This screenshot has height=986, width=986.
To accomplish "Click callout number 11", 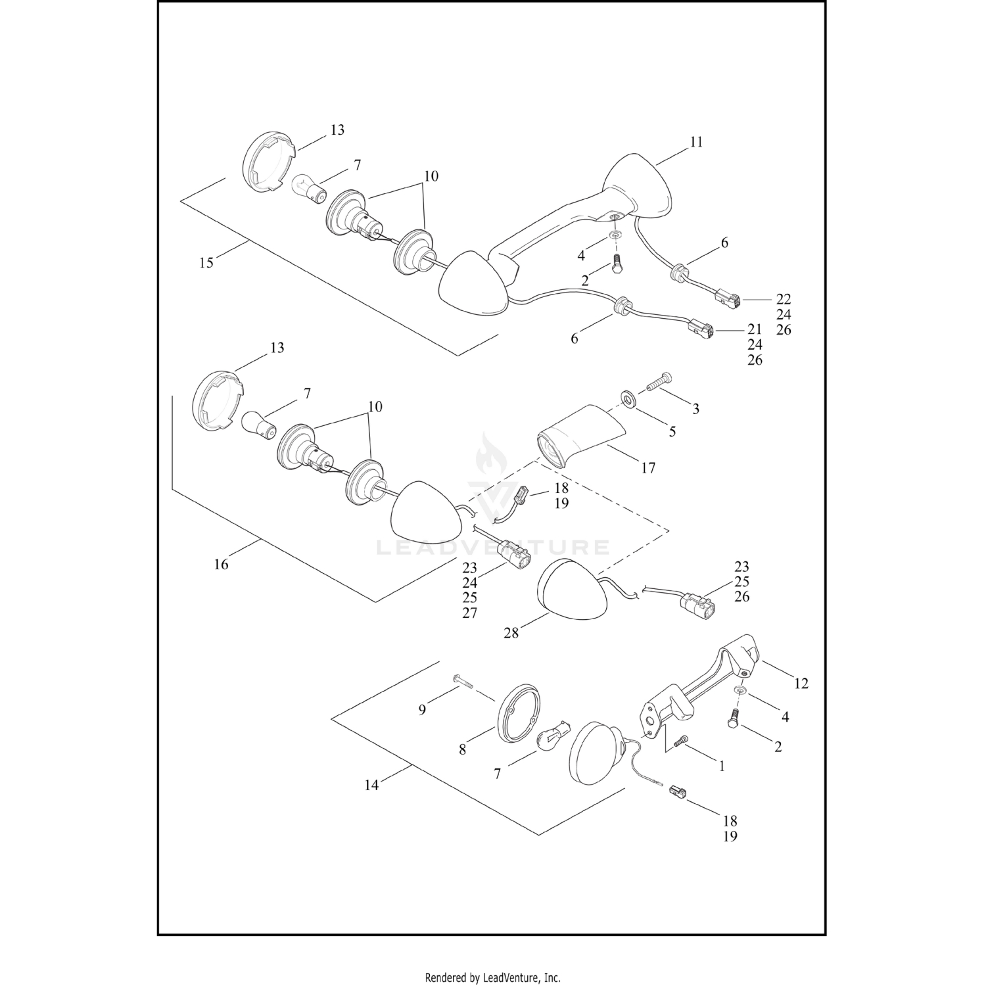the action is (x=696, y=142).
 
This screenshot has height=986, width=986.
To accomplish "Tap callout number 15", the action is (x=206, y=263).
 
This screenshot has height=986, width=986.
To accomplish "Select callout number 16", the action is (x=222, y=564).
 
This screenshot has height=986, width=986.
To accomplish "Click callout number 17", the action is (x=648, y=468).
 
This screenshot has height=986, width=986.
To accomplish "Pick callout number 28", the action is (x=511, y=633).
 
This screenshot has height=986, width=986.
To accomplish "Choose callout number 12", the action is (x=801, y=684).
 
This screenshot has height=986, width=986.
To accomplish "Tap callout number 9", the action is (x=423, y=709).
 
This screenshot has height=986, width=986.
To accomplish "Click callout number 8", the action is (x=463, y=749).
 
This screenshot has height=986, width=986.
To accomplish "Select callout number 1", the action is (x=722, y=766).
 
